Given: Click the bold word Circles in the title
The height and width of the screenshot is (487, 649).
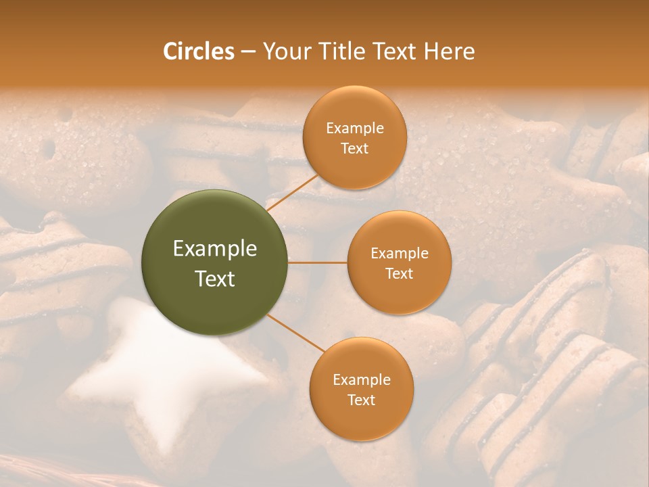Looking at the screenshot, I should (198, 51).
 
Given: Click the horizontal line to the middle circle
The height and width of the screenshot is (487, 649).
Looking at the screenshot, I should (318, 262).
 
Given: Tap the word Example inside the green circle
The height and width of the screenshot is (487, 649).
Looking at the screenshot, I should (215, 249).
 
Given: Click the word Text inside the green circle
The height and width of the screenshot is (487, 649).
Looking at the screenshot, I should (215, 279).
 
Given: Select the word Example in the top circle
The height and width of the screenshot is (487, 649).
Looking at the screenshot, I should (355, 129).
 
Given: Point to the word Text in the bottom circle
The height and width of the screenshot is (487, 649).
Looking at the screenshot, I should (361, 400).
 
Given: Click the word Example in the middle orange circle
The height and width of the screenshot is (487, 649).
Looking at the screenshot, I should (400, 254).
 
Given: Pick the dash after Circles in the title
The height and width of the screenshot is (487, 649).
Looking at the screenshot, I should (248, 52).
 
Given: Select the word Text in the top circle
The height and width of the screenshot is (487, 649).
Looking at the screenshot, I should (354, 148).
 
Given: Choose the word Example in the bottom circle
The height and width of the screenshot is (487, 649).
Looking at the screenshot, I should (362, 380).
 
